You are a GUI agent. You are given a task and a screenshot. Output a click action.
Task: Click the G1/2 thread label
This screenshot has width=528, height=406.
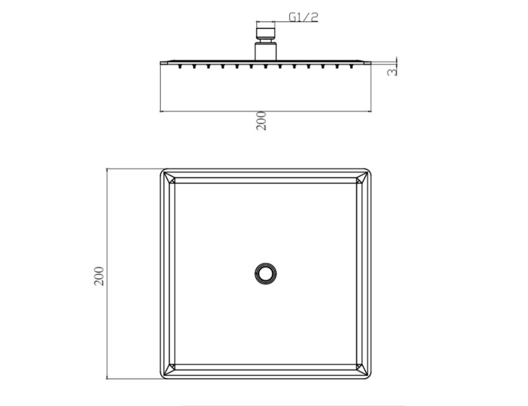pyautogui.click(x=303, y=17)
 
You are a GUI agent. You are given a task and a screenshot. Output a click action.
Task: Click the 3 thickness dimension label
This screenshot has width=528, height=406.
pyautogui.click(x=392, y=72)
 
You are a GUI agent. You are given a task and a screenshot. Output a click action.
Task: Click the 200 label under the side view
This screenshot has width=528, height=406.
pyautogui.click(x=261, y=121)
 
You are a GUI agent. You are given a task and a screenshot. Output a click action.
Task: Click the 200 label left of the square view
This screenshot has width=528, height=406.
pyautogui.click(x=99, y=276)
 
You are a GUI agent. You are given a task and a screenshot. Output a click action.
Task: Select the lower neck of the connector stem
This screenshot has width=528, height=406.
pyautogui.click(x=266, y=51)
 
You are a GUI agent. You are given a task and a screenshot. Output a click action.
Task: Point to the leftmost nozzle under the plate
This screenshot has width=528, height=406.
pyautogui.click(x=180, y=67)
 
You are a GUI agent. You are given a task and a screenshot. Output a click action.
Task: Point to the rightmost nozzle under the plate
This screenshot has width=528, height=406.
pyautogui.click(x=351, y=67)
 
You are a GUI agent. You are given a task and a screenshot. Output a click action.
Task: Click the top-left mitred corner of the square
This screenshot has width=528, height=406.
pyautogui.click(x=169, y=178)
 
